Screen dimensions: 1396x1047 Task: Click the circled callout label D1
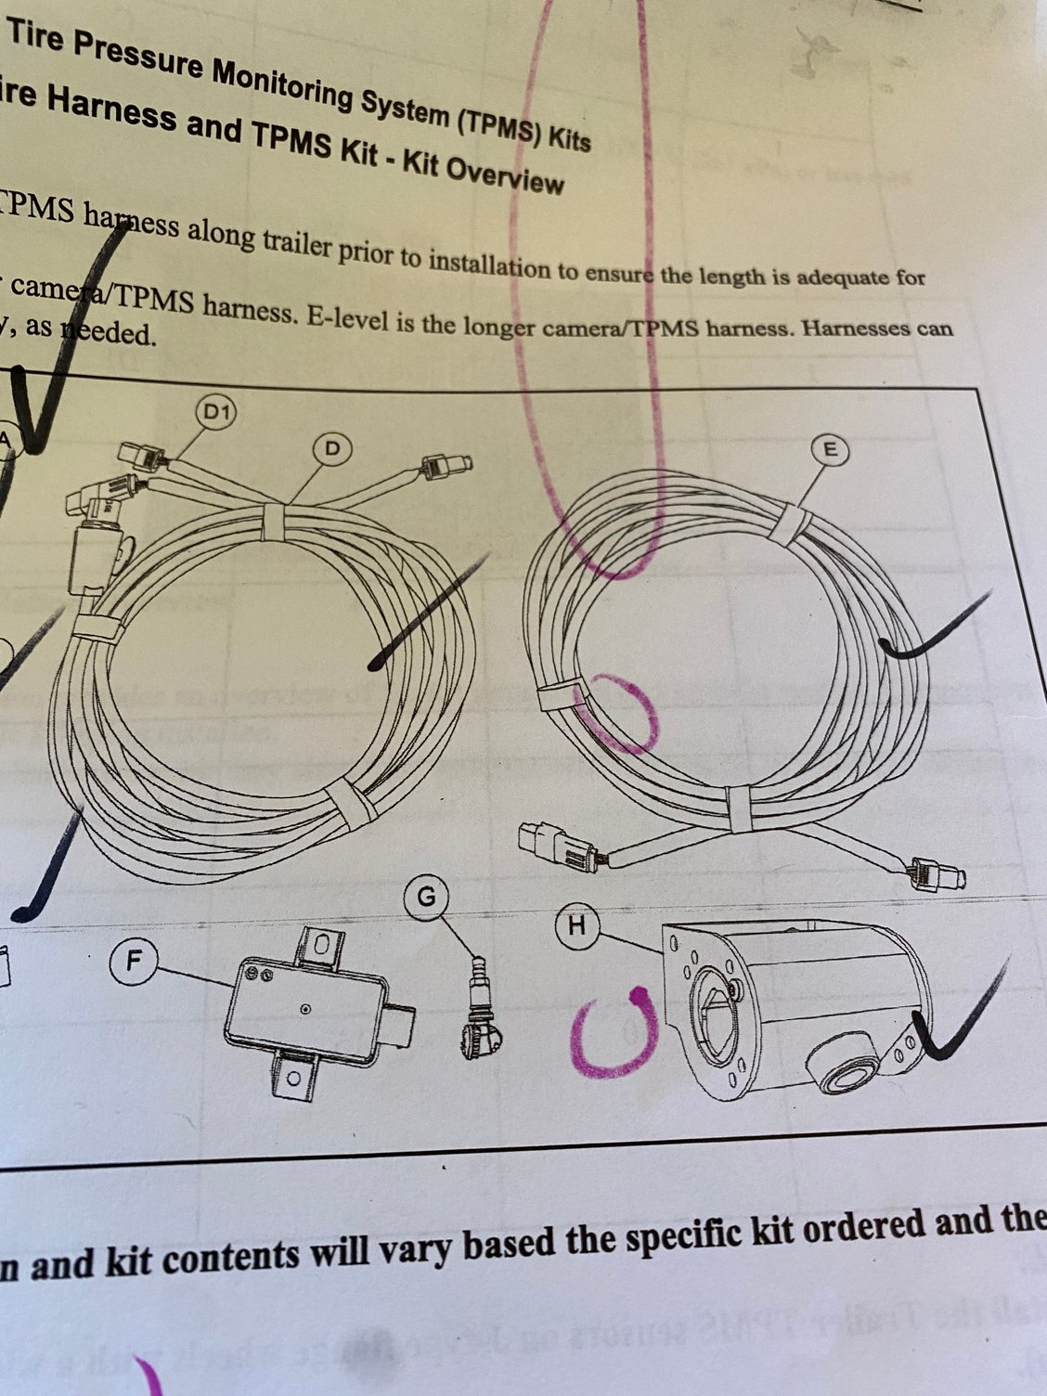pos(216,411)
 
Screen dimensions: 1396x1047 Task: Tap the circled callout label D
pos(331,449)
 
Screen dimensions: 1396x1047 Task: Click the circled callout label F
pos(134,961)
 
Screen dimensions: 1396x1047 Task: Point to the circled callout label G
pos(427,898)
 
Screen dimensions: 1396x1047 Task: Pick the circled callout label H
pos(576,926)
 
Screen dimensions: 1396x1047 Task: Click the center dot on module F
pos(304,1008)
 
